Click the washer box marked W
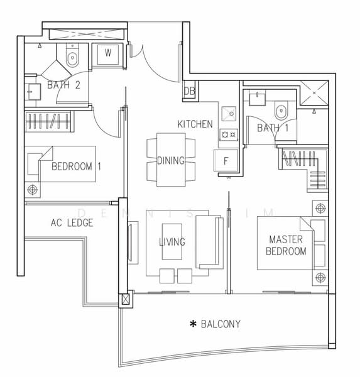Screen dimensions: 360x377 (107, 54)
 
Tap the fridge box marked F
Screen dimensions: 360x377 (226, 161)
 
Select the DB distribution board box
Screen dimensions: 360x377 (190, 90)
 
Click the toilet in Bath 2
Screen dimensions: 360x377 (72, 57)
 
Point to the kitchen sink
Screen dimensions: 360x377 (229, 114)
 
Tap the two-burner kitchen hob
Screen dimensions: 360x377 (229, 134)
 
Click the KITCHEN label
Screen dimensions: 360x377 (195, 124)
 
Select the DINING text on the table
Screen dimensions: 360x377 (171, 160)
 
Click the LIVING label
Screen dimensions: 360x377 (172, 242)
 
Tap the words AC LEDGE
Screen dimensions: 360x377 (72, 222)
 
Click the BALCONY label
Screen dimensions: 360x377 (221, 324)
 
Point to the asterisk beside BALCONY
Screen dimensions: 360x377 (193, 324)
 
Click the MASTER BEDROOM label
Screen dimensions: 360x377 (286, 245)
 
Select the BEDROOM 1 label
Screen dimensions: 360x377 (76, 167)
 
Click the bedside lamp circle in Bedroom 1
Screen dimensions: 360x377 (33, 190)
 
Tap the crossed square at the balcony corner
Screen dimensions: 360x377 (126, 300)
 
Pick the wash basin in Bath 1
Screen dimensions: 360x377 (257, 97)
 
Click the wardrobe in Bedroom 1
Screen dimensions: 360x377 (48, 121)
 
